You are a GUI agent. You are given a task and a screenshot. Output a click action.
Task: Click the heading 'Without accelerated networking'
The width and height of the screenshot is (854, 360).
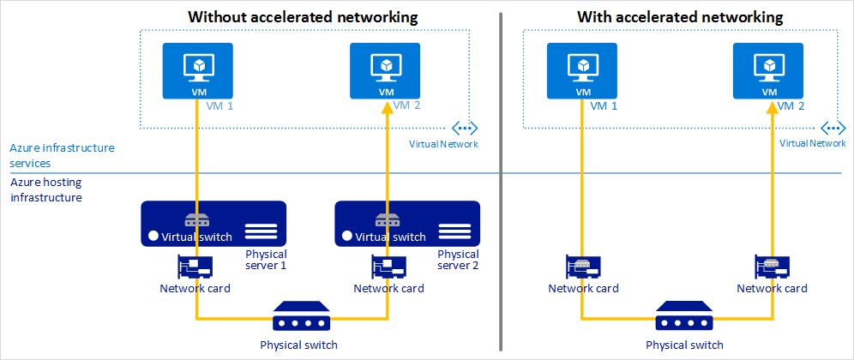pos(303,16)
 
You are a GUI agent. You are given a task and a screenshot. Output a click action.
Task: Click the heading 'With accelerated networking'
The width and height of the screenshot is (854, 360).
pos(680,16)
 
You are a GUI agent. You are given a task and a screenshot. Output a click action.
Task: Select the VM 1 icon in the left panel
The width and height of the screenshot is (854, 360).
pos(197,71)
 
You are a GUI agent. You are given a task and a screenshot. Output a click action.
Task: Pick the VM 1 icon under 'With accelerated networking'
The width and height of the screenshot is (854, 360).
pos(583,71)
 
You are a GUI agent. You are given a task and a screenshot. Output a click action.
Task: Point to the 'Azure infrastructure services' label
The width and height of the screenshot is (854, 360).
pos(62,155)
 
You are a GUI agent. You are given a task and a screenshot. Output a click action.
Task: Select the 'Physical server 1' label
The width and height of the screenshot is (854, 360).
pos(266,260)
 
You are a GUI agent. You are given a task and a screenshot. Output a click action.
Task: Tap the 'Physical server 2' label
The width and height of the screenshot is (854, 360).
pos(458,260)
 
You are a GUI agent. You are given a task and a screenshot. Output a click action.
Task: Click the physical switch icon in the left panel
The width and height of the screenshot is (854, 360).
pos(298,317)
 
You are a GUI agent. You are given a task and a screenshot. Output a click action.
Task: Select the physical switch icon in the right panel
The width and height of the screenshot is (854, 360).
pos(683,317)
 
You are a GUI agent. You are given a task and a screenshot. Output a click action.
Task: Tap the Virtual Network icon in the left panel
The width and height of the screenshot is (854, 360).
pos(465,129)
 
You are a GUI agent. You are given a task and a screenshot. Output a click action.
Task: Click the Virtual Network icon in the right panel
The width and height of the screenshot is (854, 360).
pos(833,129)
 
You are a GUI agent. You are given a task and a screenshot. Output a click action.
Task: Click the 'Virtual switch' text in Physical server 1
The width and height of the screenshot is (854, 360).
pos(198,237)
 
